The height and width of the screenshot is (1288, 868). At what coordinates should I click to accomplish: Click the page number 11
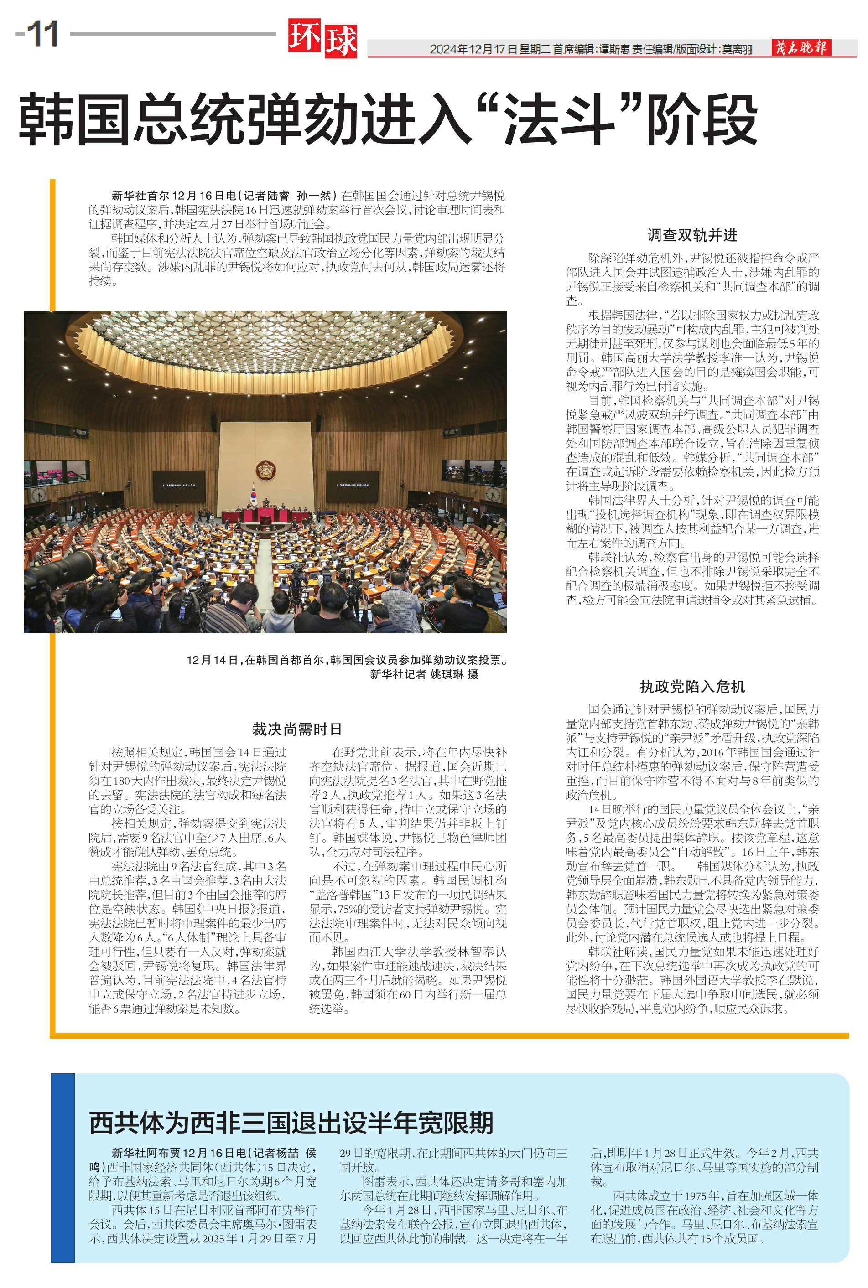pos(42,34)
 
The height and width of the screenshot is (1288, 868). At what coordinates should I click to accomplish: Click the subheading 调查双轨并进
pos(692,235)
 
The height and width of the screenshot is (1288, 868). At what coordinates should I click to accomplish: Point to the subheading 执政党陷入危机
pos(692,687)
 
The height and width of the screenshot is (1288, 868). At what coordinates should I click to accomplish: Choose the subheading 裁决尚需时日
pos(297,729)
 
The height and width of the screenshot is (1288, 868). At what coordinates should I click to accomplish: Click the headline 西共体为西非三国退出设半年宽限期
pos(291,1122)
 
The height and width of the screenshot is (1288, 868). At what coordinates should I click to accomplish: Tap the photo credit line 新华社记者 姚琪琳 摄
pos(424,674)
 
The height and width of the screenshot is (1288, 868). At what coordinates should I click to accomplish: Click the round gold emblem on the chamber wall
pos(266,470)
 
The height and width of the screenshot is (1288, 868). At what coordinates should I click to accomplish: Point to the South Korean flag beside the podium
pos(254,493)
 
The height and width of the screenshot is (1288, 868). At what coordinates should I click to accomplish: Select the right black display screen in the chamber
pos(353,485)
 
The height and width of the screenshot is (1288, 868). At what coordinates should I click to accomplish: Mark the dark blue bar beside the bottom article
pos(62,1167)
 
